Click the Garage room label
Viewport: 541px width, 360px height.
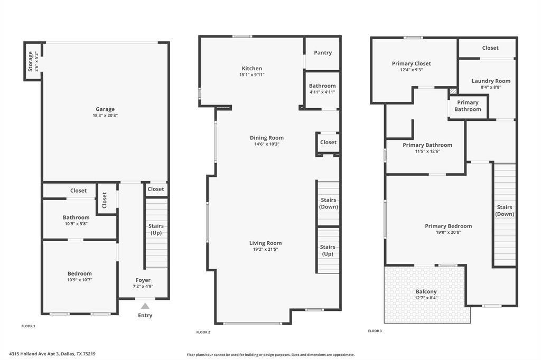click(x=105, y=109)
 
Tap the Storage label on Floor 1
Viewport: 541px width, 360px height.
click(x=30, y=61)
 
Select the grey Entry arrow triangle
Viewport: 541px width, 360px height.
click(x=145, y=306)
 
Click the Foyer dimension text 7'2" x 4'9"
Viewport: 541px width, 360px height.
click(x=143, y=286)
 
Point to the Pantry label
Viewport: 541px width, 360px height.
click(x=323, y=53)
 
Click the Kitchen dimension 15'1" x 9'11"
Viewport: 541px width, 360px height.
click(x=252, y=74)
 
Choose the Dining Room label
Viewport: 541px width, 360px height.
click(x=267, y=138)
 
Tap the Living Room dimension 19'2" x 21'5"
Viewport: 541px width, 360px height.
click(x=266, y=249)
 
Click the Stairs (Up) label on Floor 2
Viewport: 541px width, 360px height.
click(x=328, y=250)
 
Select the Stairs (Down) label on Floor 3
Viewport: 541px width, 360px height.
click(x=505, y=211)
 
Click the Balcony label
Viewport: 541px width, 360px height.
click(x=426, y=292)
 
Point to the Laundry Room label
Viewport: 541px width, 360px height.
click(x=491, y=81)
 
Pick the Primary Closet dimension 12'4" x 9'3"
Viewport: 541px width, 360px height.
click(x=411, y=70)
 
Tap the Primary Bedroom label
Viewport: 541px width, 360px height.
click(x=448, y=226)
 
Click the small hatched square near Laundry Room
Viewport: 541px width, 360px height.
click(x=453, y=91)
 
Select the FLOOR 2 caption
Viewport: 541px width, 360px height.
click(x=203, y=332)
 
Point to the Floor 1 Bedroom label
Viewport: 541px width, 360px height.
click(x=80, y=273)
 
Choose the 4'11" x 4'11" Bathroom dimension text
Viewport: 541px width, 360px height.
click(x=322, y=92)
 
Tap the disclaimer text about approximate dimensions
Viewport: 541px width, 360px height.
click(x=270, y=355)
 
